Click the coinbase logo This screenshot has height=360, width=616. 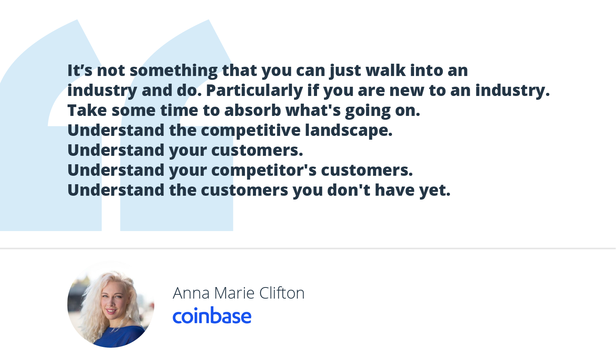[x=212, y=315]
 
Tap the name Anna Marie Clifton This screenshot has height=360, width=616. [x=239, y=293]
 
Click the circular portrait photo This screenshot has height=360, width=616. [x=111, y=304]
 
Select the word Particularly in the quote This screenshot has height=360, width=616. [x=254, y=91]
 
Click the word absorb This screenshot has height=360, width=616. [x=253, y=110]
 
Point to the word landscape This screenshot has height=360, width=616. [x=349, y=130]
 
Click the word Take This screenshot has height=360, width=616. [x=87, y=110]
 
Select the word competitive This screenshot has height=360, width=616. [x=251, y=130]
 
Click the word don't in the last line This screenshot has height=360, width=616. [x=349, y=190]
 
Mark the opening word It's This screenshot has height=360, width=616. [x=80, y=70]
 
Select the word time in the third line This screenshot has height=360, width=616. [x=179, y=110]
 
